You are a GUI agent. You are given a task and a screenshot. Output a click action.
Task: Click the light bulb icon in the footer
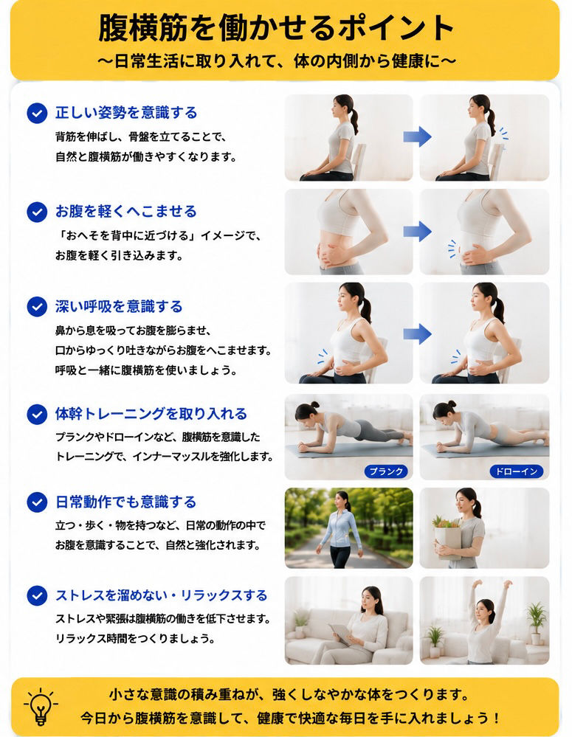pos(41,707)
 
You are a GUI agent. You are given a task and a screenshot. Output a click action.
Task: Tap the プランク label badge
pos(386,471)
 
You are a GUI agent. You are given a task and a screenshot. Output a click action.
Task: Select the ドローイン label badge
pos(517,471)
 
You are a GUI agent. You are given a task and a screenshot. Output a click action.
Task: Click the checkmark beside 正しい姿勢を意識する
pos(37,114)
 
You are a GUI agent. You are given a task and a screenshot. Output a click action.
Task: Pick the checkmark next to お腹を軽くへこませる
pos(37,212)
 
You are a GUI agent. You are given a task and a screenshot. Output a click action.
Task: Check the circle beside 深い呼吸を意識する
pos(37,307)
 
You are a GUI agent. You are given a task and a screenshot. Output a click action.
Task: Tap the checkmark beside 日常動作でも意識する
pos(37,502)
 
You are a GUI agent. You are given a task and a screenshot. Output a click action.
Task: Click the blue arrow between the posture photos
pos(417,136)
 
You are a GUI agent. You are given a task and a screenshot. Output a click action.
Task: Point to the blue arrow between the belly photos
pos(417,231)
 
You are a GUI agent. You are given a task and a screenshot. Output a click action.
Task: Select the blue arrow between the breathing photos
pos(417,333)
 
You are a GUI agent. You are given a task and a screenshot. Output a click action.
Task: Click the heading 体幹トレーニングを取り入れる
pos(151,414)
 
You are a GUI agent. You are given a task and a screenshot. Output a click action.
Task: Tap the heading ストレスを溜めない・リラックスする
pos(162,595)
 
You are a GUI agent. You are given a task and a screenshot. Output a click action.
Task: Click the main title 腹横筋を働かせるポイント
pos(277,28)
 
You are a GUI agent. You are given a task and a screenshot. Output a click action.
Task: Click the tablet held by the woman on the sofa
pos(340,634)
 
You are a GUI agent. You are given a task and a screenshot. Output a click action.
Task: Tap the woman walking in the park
pos(340,529)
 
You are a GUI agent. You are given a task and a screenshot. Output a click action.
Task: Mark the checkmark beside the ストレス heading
pos(37,595)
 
